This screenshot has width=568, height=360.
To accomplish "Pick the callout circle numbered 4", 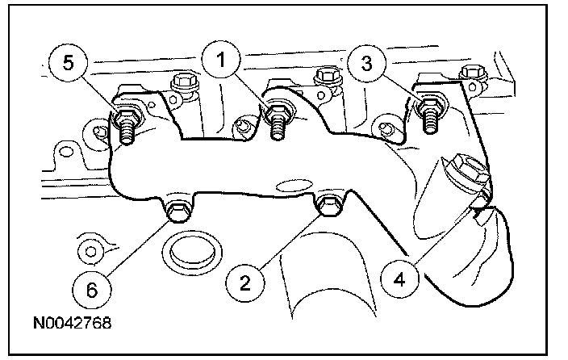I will click(399, 282).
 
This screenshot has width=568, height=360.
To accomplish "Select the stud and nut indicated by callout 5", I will click(127, 119).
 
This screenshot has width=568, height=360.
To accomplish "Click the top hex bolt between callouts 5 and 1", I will click(180, 82).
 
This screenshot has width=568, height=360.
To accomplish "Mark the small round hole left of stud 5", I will click(100, 130).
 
